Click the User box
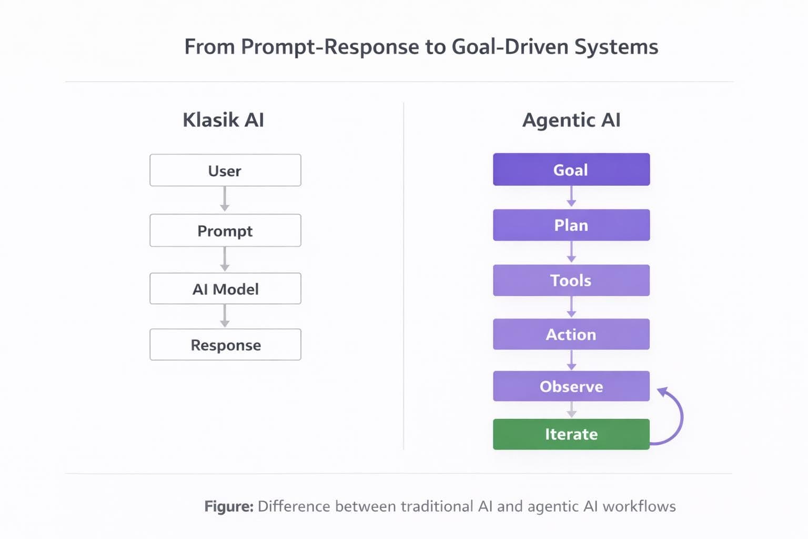(225, 171)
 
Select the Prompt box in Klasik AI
(225, 231)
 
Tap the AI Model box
(225, 289)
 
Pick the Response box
(225, 345)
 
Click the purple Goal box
(571, 169)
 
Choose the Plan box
(571, 225)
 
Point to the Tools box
(571, 280)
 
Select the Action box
(571, 334)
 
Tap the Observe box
(571, 386)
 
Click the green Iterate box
(571, 434)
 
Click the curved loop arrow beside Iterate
(679, 416)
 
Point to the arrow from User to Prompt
(225, 199)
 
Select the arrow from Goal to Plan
(571, 197)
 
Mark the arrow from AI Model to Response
(225, 316)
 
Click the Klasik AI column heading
(223, 120)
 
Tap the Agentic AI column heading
(571, 120)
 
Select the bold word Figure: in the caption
(229, 506)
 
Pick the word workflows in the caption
(639, 506)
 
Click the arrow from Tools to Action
(571, 307)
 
